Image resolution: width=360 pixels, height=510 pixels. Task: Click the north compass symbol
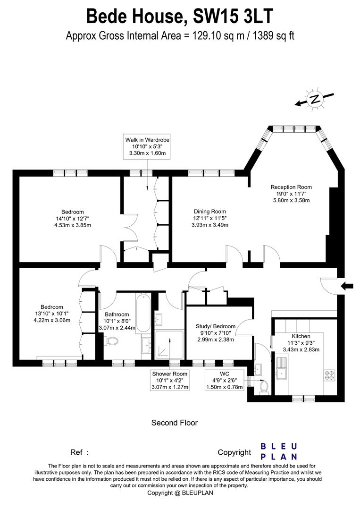point(314,99)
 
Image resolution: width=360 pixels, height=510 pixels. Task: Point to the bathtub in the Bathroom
point(144,314)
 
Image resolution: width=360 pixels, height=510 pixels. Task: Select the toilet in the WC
point(263,386)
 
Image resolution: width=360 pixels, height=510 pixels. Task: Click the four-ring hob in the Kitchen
point(328,375)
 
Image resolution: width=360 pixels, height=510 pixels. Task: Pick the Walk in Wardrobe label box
point(147,146)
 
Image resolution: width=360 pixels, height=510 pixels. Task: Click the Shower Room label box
point(170,380)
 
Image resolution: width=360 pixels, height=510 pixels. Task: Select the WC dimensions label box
point(225,380)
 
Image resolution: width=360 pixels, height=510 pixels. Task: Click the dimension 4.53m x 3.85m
point(72,225)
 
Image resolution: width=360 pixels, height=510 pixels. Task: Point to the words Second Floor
point(174,423)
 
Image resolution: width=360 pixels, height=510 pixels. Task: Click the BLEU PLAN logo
point(279,451)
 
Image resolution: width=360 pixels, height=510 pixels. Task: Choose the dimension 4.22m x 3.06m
point(51,320)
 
